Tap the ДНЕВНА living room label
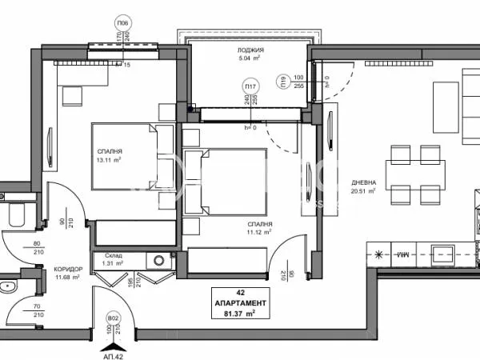click(364, 183)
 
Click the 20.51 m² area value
click(364, 192)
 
